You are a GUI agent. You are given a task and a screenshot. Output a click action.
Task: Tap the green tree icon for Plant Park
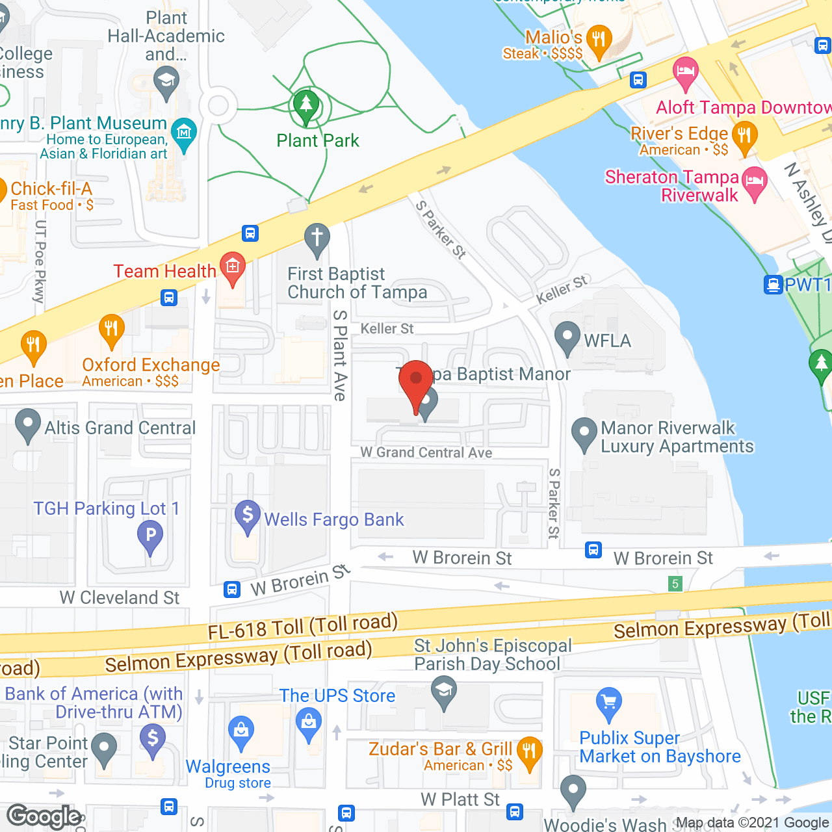click(x=306, y=106)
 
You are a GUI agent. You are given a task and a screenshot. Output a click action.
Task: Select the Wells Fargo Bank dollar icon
click(x=247, y=516)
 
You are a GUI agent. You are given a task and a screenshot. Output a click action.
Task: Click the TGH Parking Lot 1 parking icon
click(x=150, y=537)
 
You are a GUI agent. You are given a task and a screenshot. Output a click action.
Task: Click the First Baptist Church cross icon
click(x=317, y=239)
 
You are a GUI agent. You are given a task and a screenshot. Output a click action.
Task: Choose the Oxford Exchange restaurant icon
click(x=111, y=330)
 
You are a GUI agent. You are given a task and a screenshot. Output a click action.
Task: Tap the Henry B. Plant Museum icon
click(x=185, y=134)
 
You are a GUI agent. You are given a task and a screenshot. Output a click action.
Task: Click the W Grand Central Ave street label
click(x=426, y=452)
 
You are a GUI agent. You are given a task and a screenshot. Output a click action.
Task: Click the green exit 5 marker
click(x=675, y=584)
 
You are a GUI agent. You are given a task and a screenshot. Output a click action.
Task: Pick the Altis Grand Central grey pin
click(x=27, y=424)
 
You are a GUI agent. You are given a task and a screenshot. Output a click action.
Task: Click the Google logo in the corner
click(x=44, y=816)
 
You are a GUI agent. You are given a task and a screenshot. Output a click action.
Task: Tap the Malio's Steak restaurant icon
click(x=598, y=41)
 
